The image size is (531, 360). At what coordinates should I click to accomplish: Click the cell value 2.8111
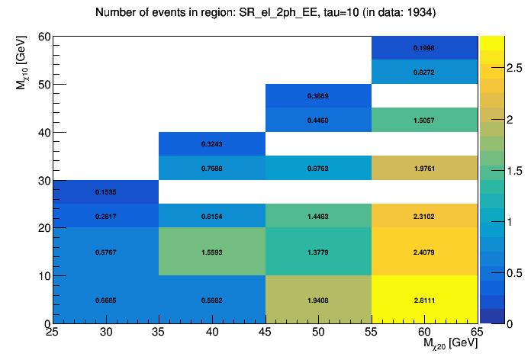[x=424, y=300]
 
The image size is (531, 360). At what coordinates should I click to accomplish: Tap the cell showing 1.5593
[x=212, y=252]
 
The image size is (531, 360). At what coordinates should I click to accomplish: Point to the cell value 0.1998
[x=424, y=48]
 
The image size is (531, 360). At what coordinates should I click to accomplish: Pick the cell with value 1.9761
[x=424, y=169]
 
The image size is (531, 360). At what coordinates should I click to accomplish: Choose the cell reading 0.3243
[x=212, y=144]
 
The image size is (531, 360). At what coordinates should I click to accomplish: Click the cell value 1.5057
[x=424, y=121]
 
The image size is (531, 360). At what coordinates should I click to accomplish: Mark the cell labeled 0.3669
[x=318, y=96]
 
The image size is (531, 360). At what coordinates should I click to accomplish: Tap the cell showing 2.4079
[x=424, y=252]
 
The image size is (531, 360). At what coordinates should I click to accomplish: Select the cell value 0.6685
[x=106, y=300]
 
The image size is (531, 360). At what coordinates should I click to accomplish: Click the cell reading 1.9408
[x=318, y=300]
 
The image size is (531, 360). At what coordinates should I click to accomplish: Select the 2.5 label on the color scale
[x=494, y=69]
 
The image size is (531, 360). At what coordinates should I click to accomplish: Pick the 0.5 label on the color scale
[x=494, y=273]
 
